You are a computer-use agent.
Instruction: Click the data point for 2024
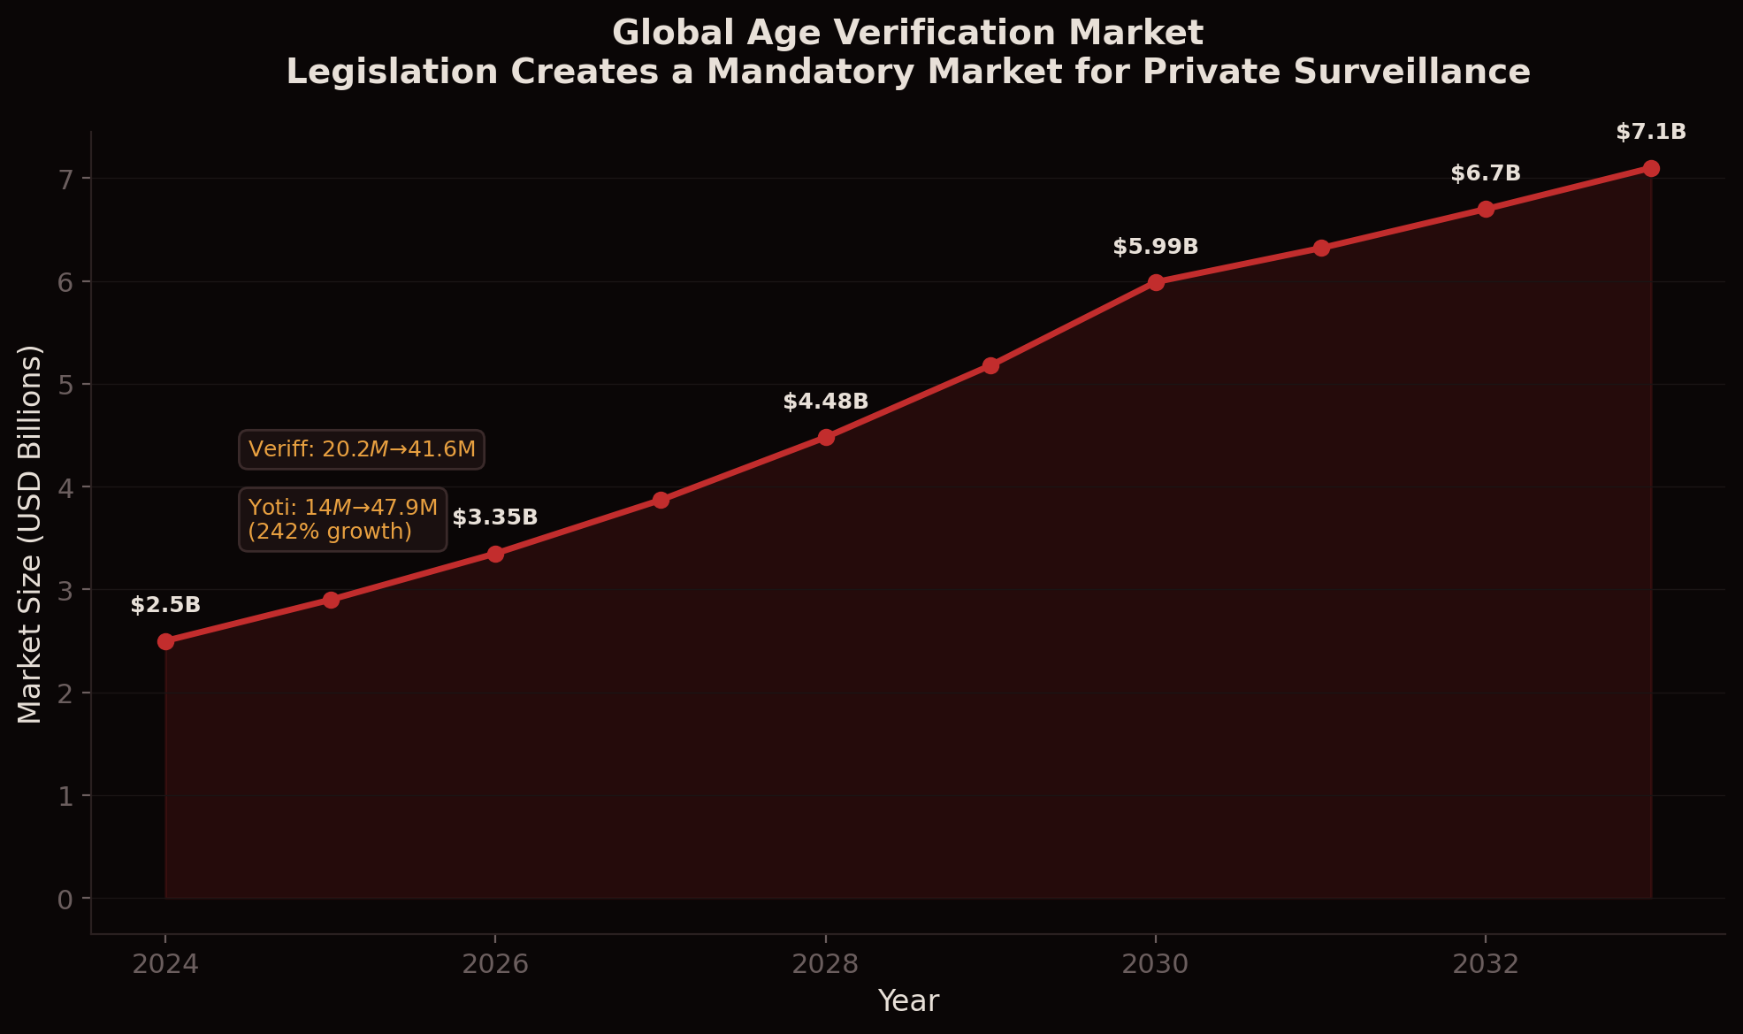coord(165,641)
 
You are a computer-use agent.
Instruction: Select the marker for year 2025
coord(331,600)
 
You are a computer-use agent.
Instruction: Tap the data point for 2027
coord(661,500)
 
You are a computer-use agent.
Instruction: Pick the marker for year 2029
coord(990,365)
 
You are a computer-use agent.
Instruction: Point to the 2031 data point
coord(1321,248)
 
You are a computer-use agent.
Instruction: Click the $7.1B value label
coord(1650,133)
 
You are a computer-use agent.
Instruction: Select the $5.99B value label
coord(1155,248)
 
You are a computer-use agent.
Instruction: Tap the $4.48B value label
coord(825,402)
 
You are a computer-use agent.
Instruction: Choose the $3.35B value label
coord(494,518)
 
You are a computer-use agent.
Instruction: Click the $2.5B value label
coord(165,606)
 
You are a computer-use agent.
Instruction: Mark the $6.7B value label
coord(1485,174)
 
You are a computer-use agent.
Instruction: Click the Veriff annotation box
coord(362,449)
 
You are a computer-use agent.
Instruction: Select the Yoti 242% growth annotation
coord(342,519)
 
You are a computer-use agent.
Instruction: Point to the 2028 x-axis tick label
coord(825,964)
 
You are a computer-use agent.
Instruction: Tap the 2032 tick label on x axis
coord(1486,964)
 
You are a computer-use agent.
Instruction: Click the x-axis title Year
coord(908,1001)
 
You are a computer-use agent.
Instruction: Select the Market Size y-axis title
coord(30,533)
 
